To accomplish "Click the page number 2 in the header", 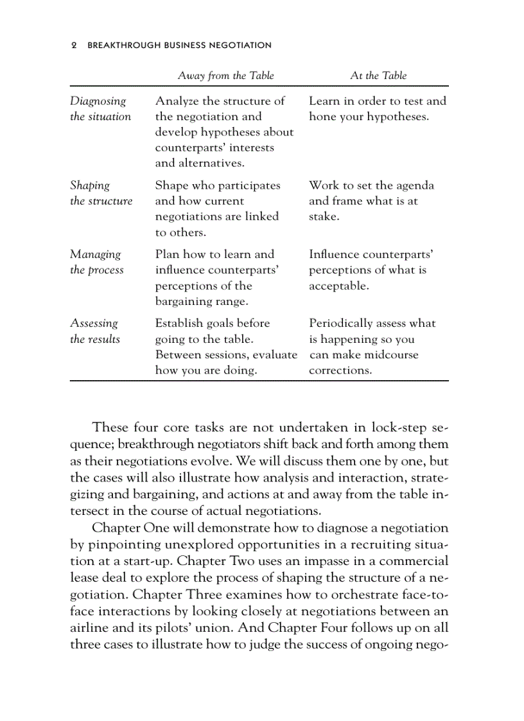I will [x=74, y=46].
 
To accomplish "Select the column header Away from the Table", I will [x=225, y=76].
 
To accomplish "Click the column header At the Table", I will [x=378, y=76].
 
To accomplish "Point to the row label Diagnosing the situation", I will [x=100, y=109].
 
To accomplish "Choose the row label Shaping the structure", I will [x=101, y=193].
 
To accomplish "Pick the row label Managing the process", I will [x=96, y=262].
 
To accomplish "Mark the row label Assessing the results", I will [x=94, y=331].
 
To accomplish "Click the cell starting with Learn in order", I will [x=377, y=109].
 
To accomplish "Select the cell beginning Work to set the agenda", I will [x=371, y=201].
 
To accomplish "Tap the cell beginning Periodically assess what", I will [x=372, y=347].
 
